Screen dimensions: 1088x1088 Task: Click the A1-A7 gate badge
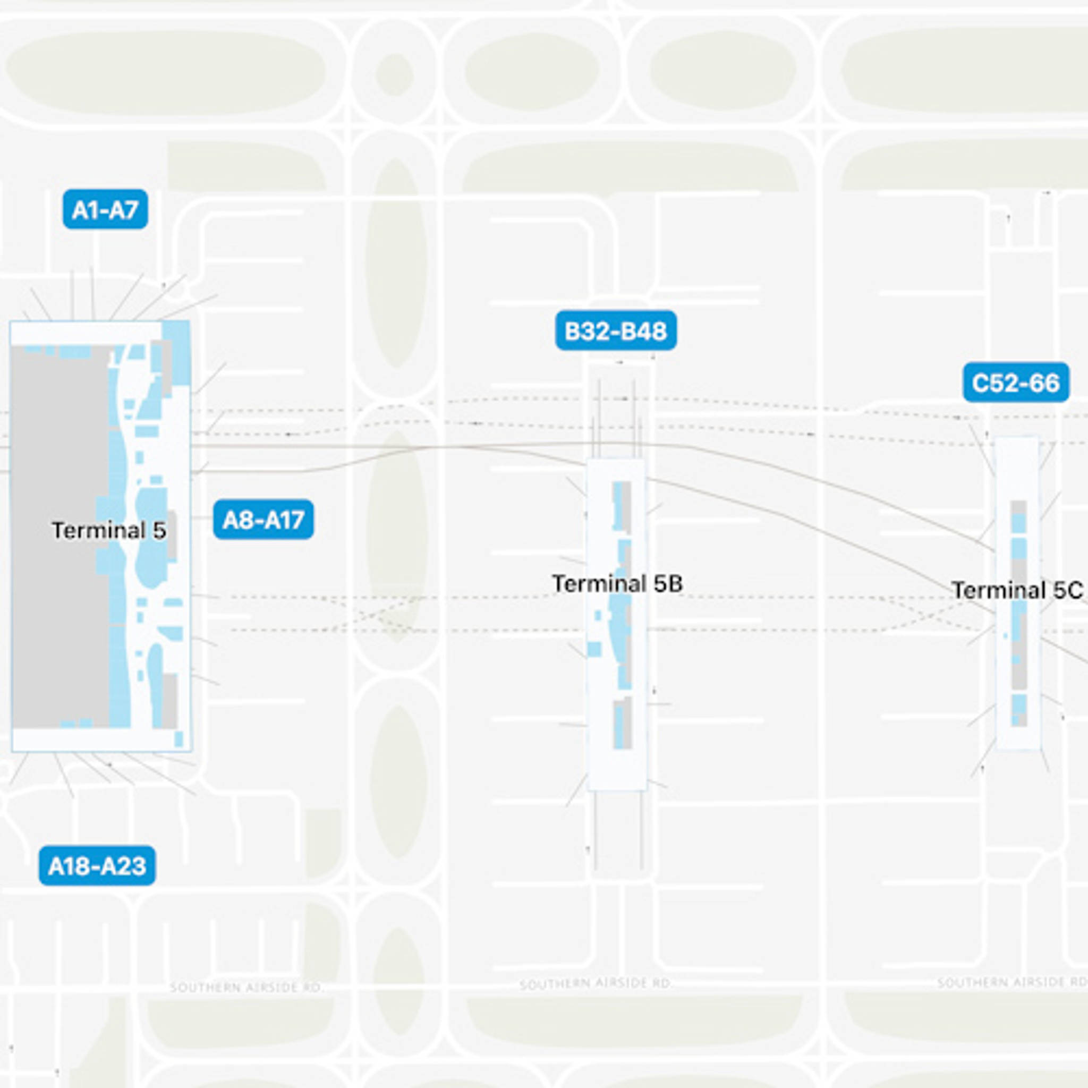point(105,210)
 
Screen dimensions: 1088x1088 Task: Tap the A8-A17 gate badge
point(263,519)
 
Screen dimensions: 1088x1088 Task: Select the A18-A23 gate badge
point(97,865)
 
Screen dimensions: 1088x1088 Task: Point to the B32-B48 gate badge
point(616,330)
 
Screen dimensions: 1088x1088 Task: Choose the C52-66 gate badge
point(1015,383)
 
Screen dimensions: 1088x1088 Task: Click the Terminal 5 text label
point(109,531)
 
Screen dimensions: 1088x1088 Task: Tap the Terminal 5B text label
point(617,583)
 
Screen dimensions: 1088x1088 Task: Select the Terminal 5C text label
point(1017,590)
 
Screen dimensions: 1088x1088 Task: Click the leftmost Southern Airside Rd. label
point(246,988)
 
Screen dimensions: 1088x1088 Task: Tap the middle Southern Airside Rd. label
point(596,984)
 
